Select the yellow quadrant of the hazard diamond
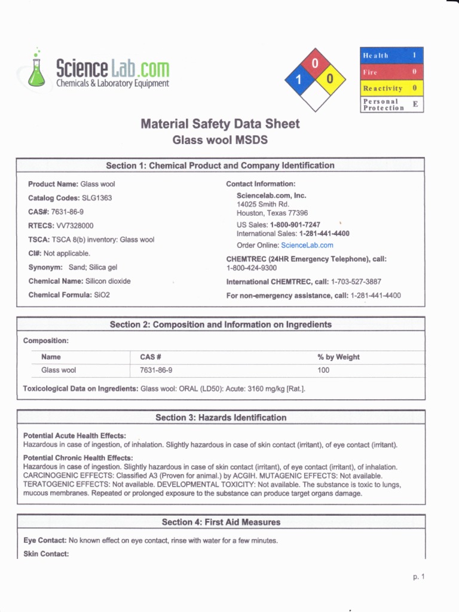(x=330, y=79)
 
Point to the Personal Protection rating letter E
(x=415, y=104)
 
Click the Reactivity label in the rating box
(x=382, y=88)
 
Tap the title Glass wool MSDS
(x=220, y=140)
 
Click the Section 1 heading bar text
(x=220, y=166)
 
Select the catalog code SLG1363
(x=97, y=198)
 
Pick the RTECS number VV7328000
(x=75, y=226)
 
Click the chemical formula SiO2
(x=102, y=295)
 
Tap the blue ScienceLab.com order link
(x=307, y=245)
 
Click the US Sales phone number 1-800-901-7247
(x=295, y=225)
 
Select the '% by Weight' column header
(x=338, y=357)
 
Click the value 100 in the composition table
(x=323, y=371)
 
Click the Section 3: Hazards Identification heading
(x=221, y=418)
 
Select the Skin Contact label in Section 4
(x=46, y=554)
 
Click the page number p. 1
(x=418, y=577)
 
